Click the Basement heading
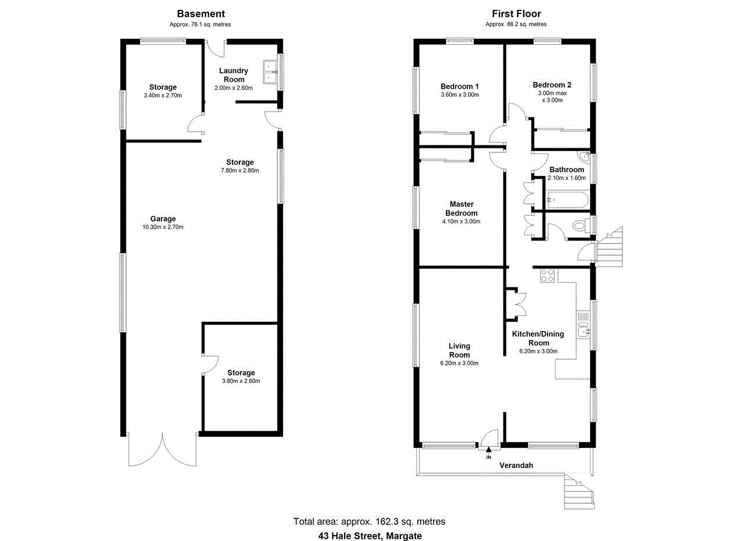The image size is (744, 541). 201,14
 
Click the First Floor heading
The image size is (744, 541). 516,14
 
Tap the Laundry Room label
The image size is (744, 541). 234,75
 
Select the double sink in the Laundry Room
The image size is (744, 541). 270,71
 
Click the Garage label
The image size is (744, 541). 163,218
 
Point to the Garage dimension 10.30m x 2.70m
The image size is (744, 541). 163,227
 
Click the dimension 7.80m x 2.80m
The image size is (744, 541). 240,171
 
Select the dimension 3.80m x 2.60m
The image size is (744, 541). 241,381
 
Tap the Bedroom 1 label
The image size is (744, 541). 459,86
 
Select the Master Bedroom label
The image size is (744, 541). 462,209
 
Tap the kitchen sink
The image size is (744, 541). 583,331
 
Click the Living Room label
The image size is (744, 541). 459,350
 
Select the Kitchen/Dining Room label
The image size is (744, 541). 538,338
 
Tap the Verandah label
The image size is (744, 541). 516,465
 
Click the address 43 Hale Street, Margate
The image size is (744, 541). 370,536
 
